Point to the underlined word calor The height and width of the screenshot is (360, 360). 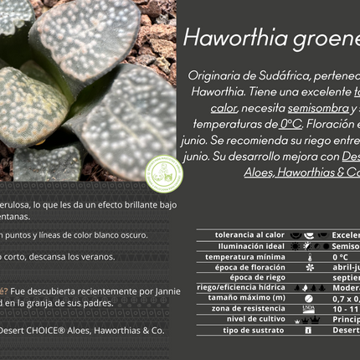[x=224, y=108]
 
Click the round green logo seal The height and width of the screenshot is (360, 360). [x=163, y=173]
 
